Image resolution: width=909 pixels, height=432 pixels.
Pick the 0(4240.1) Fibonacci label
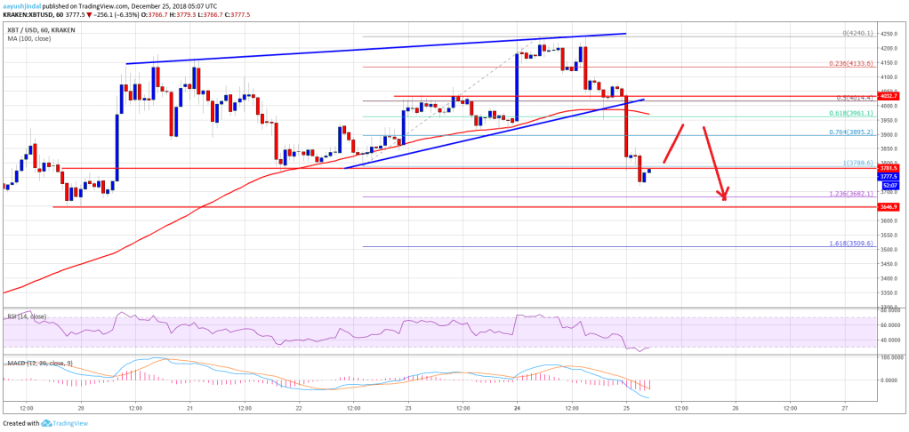tap(851, 33)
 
